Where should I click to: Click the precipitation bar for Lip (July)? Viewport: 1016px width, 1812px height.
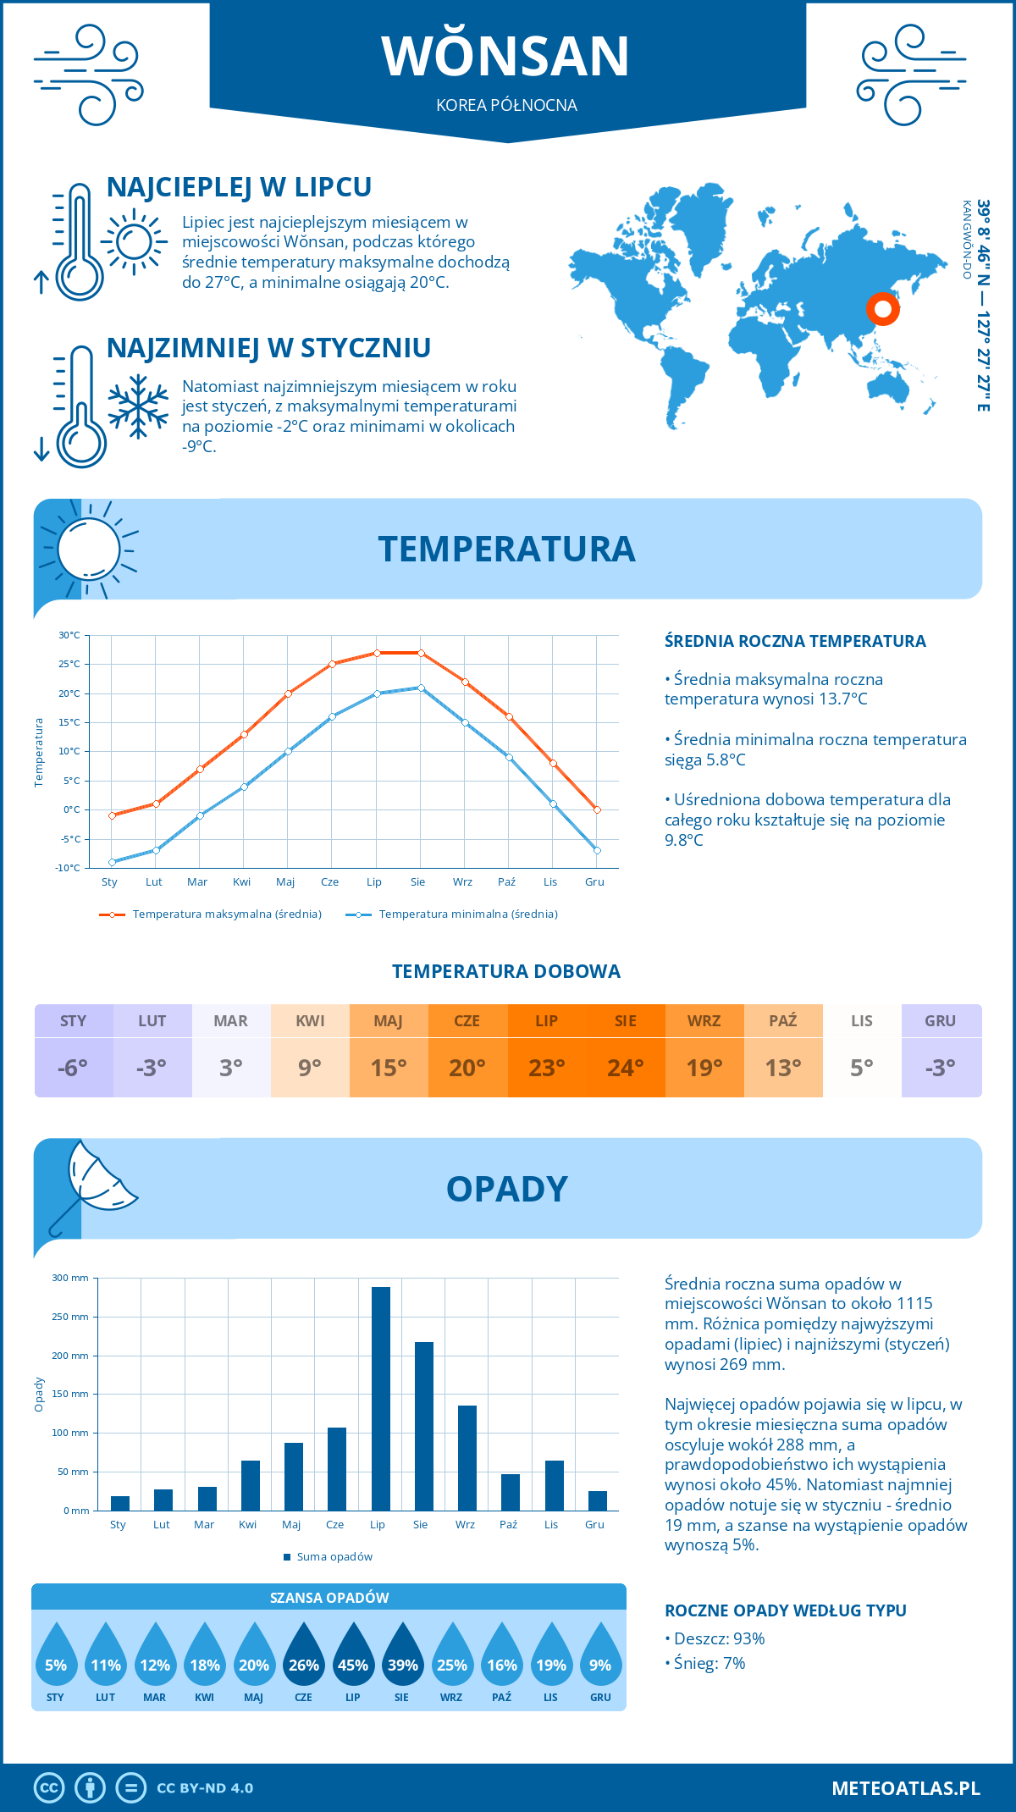(x=381, y=1399)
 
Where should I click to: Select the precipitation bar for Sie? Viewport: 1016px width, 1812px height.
(x=424, y=1426)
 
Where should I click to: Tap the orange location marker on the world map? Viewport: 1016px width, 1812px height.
(x=882, y=309)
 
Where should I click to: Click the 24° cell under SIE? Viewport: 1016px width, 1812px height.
(x=626, y=1068)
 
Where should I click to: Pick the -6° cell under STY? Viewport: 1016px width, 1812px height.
(x=73, y=1068)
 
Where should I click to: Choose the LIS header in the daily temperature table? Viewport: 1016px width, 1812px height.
(x=862, y=1021)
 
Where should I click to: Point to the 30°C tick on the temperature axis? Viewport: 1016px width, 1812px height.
(x=69, y=635)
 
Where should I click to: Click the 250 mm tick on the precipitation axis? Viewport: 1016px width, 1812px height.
(x=70, y=1317)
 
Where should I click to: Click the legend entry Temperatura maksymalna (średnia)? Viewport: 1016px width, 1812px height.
(x=227, y=914)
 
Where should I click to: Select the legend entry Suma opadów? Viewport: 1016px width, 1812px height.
(x=334, y=1556)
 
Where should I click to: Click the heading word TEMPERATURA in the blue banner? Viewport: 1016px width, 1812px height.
(x=506, y=549)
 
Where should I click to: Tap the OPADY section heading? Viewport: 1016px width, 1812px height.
(x=506, y=1189)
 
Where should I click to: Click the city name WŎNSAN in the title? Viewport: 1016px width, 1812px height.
(x=505, y=56)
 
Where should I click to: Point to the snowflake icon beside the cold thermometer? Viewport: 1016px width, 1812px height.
(x=138, y=406)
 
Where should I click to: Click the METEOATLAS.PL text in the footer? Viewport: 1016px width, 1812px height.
(x=905, y=1788)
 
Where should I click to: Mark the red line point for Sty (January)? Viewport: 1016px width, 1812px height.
(x=112, y=815)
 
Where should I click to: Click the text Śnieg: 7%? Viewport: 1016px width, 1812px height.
(x=710, y=1663)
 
